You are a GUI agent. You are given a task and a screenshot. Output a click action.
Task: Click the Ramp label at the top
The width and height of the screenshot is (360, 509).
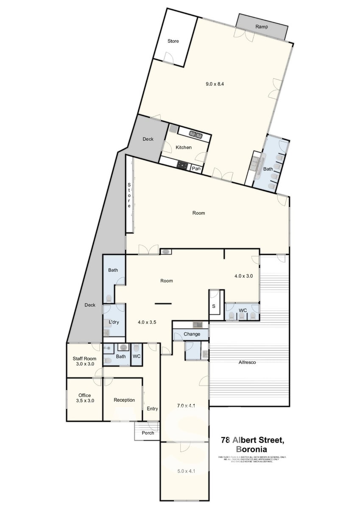(261, 27)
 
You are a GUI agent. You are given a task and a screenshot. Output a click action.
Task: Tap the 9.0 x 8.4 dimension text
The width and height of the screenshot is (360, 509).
(215, 84)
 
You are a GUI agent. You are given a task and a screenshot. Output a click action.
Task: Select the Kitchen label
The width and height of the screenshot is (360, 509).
(184, 148)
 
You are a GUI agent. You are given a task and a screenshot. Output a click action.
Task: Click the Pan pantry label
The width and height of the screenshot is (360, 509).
(196, 169)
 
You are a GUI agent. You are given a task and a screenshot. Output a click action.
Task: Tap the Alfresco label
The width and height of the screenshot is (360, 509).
(247, 362)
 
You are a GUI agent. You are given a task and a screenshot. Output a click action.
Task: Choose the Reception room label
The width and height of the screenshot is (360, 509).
(124, 400)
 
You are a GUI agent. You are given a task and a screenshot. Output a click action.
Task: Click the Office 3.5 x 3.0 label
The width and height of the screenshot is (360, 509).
(85, 398)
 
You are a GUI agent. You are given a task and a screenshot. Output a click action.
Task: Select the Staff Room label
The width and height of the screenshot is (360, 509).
(85, 361)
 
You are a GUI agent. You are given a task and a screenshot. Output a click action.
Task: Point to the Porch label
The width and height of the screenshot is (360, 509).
(148, 433)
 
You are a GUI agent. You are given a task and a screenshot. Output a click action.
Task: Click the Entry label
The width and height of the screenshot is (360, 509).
(152, 409)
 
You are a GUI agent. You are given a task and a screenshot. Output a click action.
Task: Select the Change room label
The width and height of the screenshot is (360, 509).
(192, 334)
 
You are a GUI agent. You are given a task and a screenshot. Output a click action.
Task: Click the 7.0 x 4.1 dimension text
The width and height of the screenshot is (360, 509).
(185, 406)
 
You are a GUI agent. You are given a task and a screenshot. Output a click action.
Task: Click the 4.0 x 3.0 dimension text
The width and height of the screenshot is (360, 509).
(243, 276)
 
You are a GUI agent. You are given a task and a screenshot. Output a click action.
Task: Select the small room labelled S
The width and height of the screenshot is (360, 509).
(214, 305)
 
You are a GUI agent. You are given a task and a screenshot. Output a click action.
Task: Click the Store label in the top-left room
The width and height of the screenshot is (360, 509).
(173, 41)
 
